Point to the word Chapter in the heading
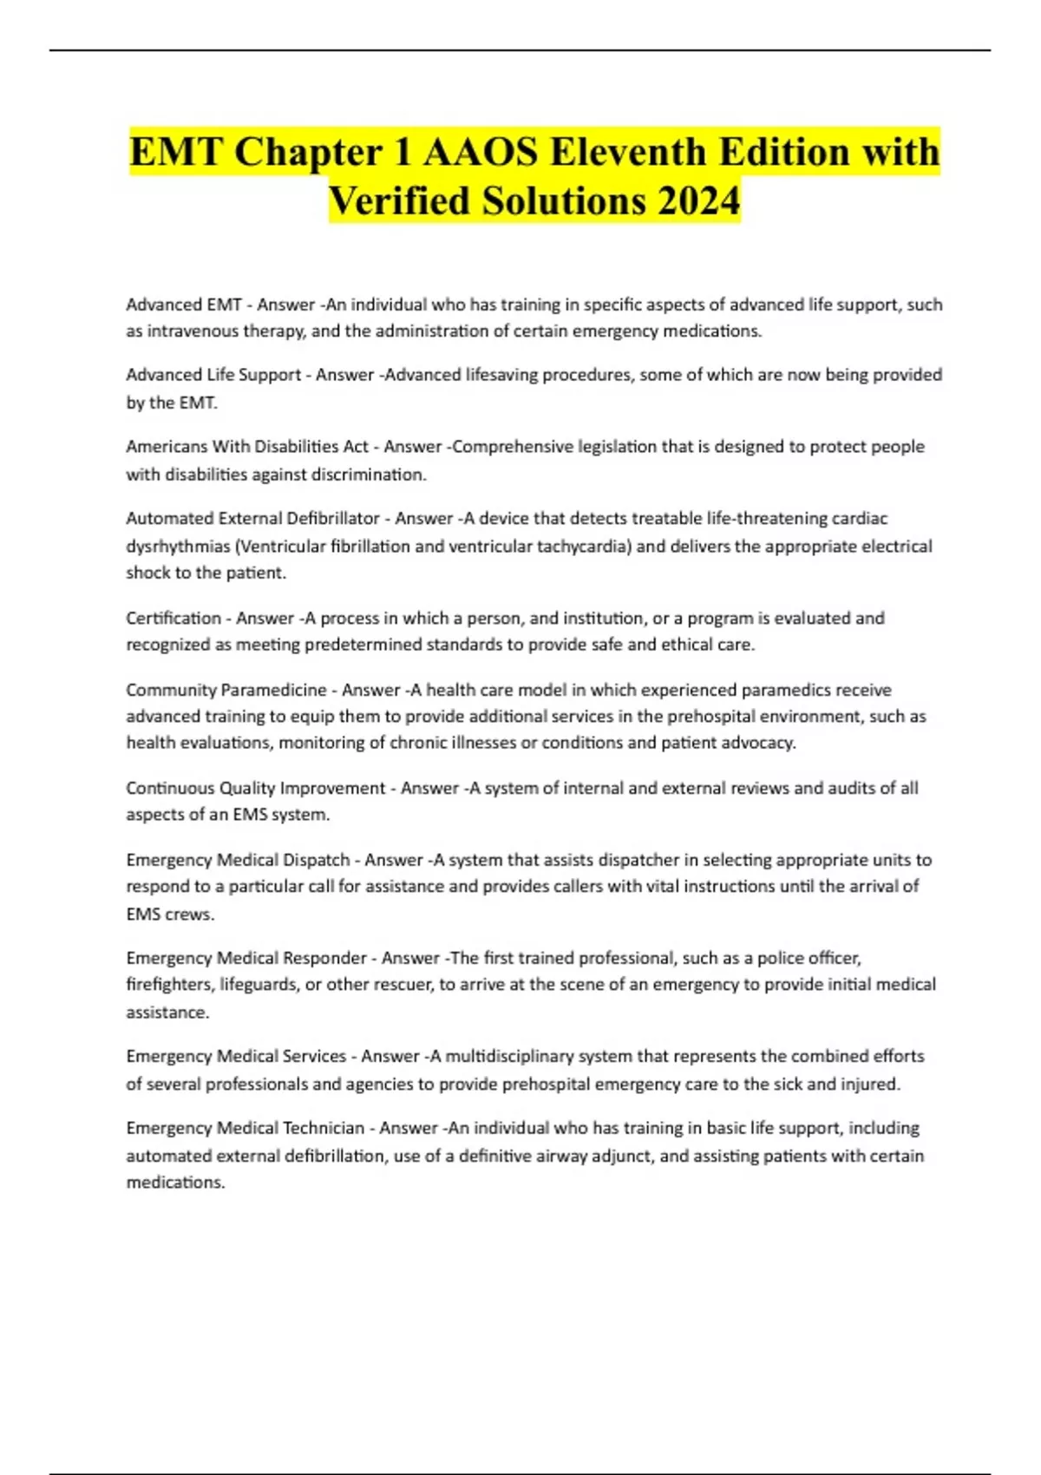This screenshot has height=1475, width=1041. coord(309,152)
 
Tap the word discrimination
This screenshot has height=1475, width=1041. coord(375,474)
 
